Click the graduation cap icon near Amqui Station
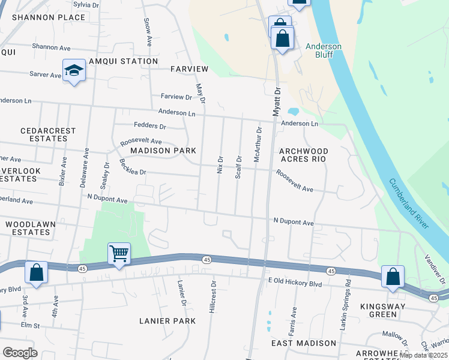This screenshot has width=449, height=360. [x=74, y=70]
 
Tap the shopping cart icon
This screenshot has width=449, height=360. [x=119, y=254]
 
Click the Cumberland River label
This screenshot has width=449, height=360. [x=408, y=203]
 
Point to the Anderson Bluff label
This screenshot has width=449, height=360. [x=324, y=50]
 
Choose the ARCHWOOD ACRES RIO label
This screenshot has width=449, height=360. [x=303, y=155]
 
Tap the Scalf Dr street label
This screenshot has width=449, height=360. [x=238, y=166]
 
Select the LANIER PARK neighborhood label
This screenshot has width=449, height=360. [x=167, y=321]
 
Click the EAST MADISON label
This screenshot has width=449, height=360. [x=303, y=343]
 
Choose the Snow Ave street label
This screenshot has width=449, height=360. [x=147, y=32]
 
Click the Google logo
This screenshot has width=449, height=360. [x=20, y=352]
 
